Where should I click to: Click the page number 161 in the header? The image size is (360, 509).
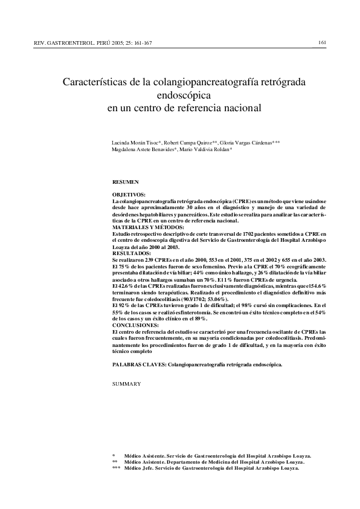pyautogui.click(x=322, y=42)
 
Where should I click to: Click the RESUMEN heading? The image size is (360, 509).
pyautogui.click(x=126, y=181)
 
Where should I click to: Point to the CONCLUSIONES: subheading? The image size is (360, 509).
pyautogui.click(x=137, y=325)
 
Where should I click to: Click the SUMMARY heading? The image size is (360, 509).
pyautogui.click(x=127, y=383)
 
